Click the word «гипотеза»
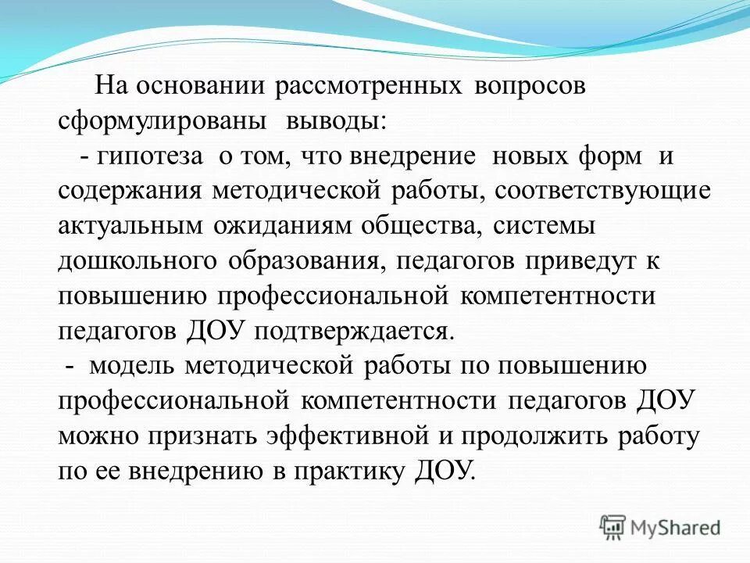point(151,156)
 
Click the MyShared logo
point(659,528)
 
